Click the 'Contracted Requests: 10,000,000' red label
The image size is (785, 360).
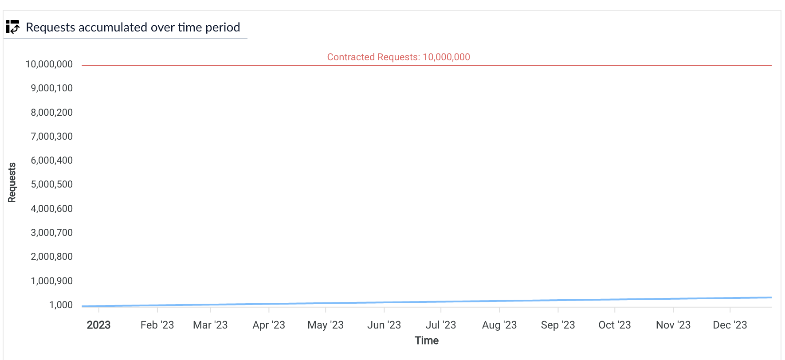click(x=398, y=57)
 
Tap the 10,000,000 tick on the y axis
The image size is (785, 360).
click(x=49, y=64)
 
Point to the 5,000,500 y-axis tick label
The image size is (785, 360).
click(x=51, y=184)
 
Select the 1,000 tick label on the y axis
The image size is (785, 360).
click(x=61, y=305)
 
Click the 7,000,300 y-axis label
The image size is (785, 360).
click(x=51, y=137)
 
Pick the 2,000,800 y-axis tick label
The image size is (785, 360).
click(x=51, y=257)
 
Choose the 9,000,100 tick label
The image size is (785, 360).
click(x=51, y=88)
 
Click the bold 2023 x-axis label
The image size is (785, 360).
click(x=98, y=325)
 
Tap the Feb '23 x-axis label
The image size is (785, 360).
click(x=157, y=325)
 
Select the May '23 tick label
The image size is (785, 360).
click(x=326, y=325)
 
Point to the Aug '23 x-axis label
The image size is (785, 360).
click(x=499, y=325)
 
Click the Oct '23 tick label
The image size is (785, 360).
click(x=614, y=325)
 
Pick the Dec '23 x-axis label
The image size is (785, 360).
click(x=730, y=325)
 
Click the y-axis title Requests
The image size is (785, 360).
click(x=12, y=183)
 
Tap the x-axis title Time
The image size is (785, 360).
click(x=427, y=340)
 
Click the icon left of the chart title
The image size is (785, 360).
click(x=12, y=27)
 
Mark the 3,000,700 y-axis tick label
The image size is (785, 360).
click(x=51, y=233)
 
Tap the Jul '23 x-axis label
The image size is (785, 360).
click(x=440, y=325)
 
